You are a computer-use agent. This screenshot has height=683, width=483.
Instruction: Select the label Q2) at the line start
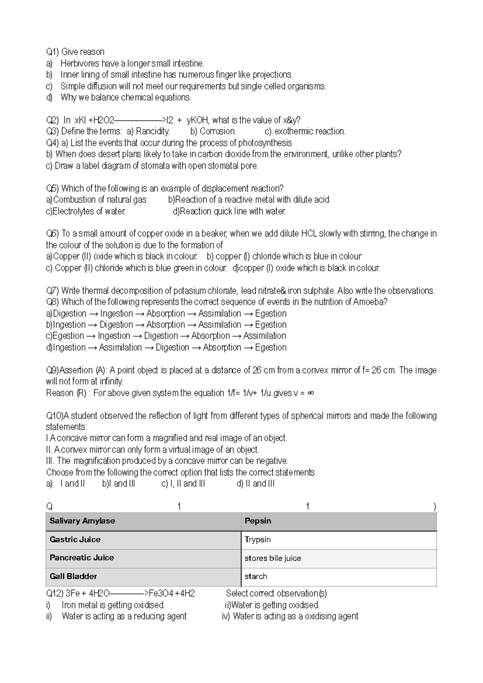(x=53, y=120)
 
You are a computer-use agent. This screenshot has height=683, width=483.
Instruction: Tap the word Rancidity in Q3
(x=153, y=131)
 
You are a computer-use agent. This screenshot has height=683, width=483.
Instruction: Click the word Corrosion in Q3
(x=217, y=131)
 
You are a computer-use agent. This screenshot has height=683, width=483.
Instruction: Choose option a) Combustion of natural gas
(x=96, y=200)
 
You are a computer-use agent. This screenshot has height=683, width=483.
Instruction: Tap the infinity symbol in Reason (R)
(x=310, y=393)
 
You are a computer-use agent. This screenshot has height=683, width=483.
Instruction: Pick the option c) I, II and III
(x=183, y=484)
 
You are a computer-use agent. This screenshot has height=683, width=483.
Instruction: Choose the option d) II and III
(x=256, y=484)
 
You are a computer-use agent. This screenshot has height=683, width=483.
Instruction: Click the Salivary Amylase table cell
(x=143, y=521)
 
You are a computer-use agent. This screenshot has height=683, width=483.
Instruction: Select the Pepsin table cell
(x=339, y=521)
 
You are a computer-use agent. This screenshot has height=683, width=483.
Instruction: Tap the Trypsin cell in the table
(x=339, y=540)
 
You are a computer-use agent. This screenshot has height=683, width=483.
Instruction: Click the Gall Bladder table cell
(x=143, y=576)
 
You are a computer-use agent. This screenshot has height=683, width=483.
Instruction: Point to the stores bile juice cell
(x=339, y=558)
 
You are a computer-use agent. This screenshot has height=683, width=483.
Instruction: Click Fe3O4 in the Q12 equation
(x=161, y=593)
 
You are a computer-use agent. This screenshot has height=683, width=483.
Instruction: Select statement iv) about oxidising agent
(x=290, y=616)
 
